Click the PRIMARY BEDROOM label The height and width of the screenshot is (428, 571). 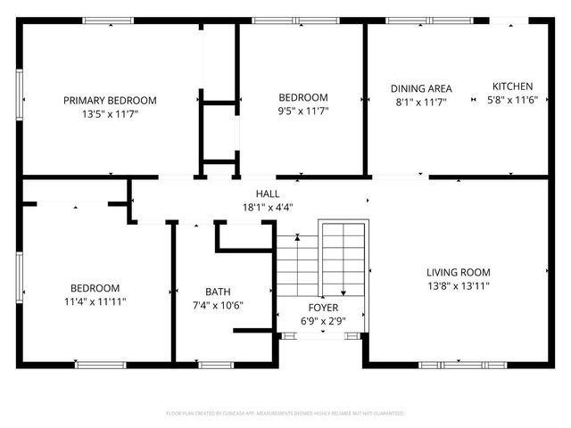(110, 100)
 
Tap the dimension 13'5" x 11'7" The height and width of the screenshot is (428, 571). (110, 114)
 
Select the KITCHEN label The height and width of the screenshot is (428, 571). (513, 86)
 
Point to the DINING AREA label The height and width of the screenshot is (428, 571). (421, 88)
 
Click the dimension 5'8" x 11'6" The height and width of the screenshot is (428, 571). (513, 101)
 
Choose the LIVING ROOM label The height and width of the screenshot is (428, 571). (458, 272)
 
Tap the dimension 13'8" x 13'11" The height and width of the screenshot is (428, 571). (458, 286)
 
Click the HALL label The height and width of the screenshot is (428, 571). (268, 193)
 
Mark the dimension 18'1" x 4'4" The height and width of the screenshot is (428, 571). (268, 207)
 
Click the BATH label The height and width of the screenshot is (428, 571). (218, 292)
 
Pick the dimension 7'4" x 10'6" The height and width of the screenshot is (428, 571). (218, 305)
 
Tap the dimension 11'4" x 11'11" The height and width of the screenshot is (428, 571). (95, 301)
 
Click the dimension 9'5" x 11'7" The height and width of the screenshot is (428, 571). (303, 111)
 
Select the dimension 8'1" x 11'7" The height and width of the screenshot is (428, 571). (421, 103)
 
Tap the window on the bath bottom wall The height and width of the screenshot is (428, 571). (215, 364)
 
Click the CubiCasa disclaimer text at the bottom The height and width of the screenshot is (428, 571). (285, 414)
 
